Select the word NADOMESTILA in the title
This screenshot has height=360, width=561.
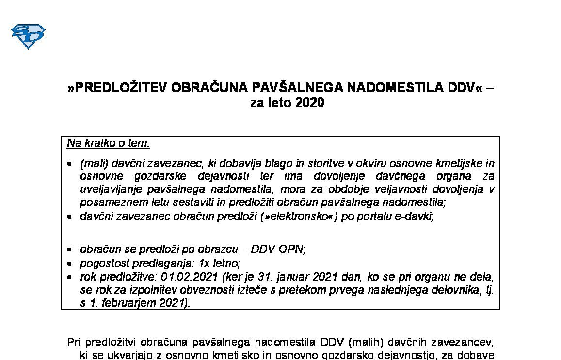click(x=370, y=88)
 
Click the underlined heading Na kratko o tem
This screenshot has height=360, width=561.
click(x=109, y=143)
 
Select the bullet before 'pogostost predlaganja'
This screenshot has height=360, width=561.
click(x=70, y=264)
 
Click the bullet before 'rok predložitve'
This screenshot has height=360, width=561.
click(x=70, y=278)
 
